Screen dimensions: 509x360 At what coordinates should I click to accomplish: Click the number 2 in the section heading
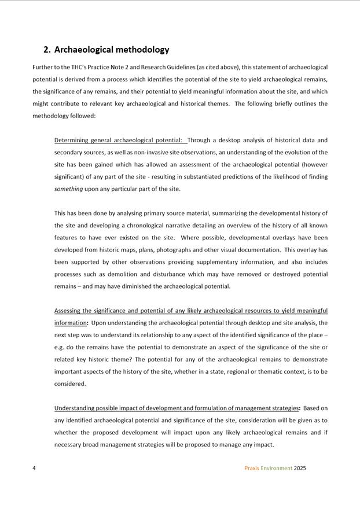coord(47,50)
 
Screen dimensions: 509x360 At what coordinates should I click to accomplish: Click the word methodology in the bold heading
coord(141,50)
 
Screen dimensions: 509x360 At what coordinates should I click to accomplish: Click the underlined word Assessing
coord(68,311)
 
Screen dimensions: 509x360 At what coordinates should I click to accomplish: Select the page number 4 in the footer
coord(34,469)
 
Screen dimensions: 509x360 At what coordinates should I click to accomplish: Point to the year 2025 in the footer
coord(300,469)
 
